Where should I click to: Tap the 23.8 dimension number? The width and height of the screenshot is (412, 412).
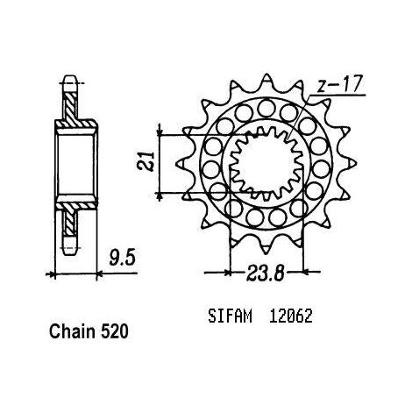click(266, 273)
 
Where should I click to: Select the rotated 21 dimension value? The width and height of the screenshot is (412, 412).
click(150, 161)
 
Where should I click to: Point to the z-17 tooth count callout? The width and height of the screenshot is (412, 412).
click(340, 84)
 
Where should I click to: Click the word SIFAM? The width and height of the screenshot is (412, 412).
click(230, 316)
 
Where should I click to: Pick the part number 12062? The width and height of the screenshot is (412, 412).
click(291, 316)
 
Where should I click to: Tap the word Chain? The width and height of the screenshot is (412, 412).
click(73, 332)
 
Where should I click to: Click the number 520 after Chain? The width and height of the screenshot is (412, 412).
click(115, 332)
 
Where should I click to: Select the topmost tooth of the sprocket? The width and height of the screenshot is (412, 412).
click(266, 81)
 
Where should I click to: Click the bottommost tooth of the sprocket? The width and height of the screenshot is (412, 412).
click(266, 246)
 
